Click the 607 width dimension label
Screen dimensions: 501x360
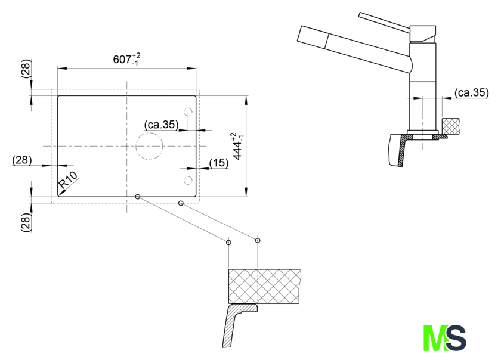pos(126,60)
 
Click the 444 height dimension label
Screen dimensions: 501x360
pos(239,146)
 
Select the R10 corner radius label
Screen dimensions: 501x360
pos(68,180)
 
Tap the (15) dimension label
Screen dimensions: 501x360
pos(219,163)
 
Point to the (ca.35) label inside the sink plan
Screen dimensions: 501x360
pos(162,124)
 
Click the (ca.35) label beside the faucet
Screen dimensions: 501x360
pos(472,92)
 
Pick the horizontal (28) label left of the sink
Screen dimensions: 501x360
pos(22,160)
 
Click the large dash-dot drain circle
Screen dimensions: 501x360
pos(149,146)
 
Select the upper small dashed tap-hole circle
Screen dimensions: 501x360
pos(188,112)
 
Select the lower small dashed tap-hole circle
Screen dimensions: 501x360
pos(188,180)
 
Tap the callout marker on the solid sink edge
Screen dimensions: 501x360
pos(137,197)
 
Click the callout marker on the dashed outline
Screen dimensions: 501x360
pos(181,203)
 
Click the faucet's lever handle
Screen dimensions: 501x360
pos(384,21)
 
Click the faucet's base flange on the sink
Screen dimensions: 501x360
pos(423,132)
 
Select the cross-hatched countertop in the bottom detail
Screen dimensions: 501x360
pos(264,286)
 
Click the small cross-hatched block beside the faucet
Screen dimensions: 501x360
pos(451,126)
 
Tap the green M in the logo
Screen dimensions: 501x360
pos(435,337)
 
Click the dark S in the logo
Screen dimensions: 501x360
pos(456,337)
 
